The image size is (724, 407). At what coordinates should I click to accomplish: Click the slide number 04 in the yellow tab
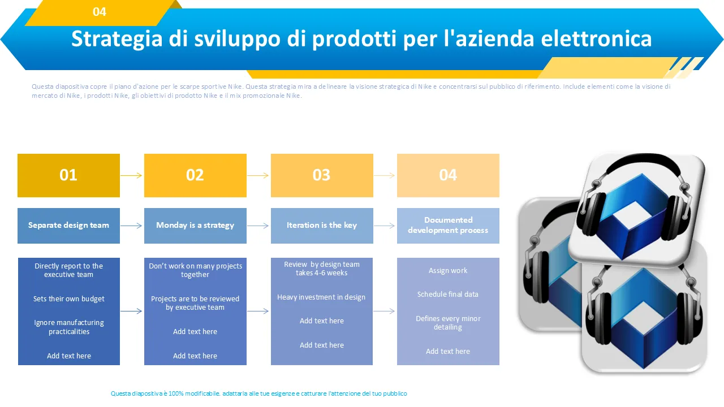[99, 12]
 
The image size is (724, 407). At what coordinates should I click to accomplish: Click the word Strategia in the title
[117, 40]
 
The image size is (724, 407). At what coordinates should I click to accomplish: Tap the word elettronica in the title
[596, 39]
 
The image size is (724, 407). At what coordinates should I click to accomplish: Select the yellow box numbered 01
[68, 175]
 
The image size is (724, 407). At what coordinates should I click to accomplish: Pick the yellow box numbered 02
[195, 175]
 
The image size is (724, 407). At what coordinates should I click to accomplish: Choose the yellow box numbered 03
[322, 175]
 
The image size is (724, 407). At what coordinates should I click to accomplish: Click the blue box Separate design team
[68, 226]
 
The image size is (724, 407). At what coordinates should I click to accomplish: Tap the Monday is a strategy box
[195, 226]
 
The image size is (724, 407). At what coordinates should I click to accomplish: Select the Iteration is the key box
[322, 226]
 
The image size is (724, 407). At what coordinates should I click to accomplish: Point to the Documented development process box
[448, 226]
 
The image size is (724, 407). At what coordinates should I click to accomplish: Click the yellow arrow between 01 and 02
[131, 175]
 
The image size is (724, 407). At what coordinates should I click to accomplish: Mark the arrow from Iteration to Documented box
[384, 226]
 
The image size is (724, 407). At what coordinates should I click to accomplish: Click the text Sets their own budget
[69, 299]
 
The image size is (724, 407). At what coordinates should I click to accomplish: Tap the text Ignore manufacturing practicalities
[69, 327]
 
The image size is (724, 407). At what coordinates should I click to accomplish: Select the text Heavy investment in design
[321, 297]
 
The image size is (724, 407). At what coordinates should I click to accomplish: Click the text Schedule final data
[447, 295]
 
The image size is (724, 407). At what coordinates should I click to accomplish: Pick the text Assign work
[448, 271]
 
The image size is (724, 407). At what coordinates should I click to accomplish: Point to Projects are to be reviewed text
[195, 303]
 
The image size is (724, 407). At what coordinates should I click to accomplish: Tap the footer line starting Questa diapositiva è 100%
[258, 393]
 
